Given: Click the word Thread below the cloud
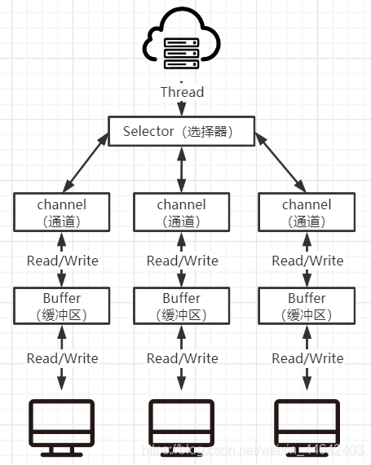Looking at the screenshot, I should coord(182,92).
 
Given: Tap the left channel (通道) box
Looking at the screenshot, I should coord(62,212).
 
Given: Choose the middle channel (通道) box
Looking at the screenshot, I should coord(182,212).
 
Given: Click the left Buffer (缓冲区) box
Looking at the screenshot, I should coord(62,305).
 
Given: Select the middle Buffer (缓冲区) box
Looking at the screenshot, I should coord(182,305).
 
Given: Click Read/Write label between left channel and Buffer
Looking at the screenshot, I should coord(62,261).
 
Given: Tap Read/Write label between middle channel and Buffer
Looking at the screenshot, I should coord(182,261).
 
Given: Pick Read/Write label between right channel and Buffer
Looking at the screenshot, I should coord(307,261).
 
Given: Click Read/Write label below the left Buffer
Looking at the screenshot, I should coord(62,358).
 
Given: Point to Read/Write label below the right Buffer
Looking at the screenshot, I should coord(307,358).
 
